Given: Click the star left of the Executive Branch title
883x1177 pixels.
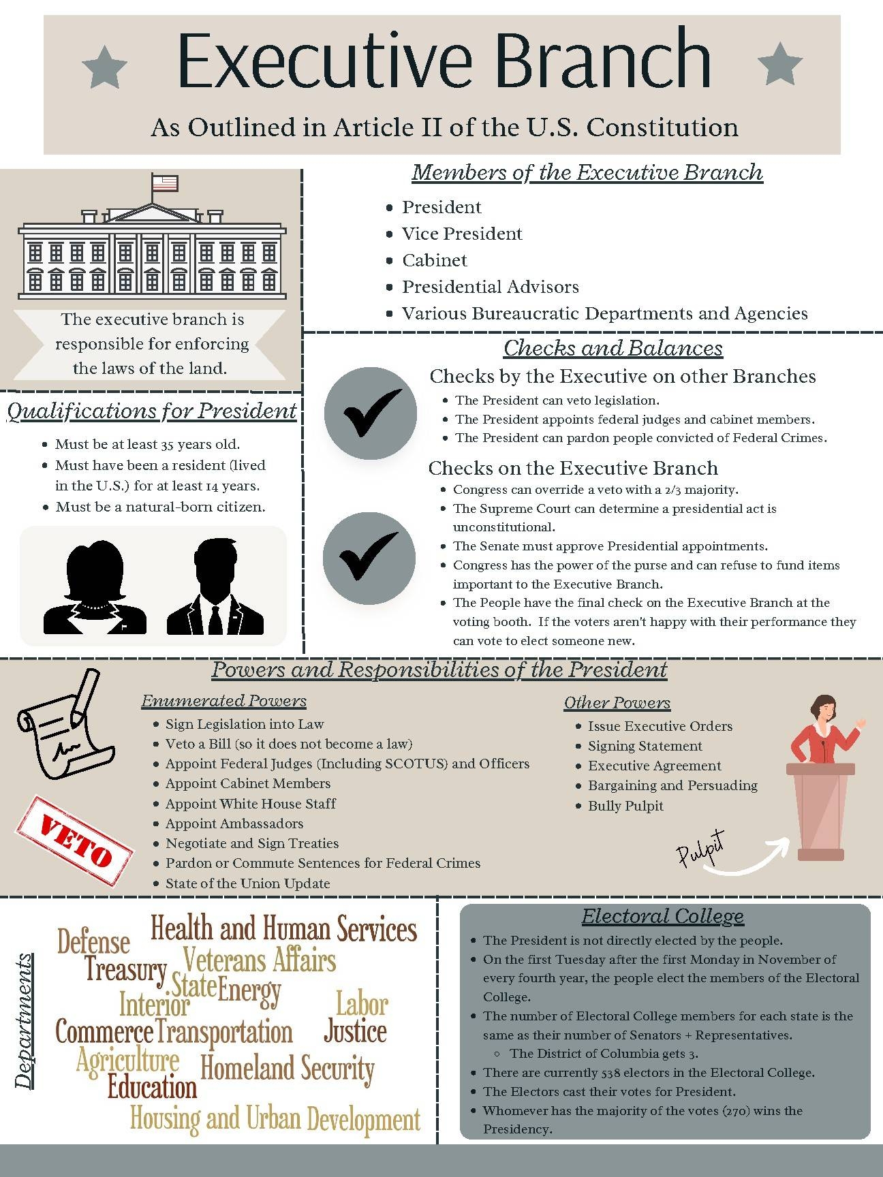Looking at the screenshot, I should [x=104, y=67].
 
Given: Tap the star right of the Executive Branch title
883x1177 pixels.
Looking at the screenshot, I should [x=779, y=64].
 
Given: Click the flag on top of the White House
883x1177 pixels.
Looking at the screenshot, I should [x=164, y=183].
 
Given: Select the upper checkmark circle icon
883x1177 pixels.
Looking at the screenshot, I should [x=371, y=413].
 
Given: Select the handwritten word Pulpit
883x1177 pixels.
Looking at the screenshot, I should [x=700, y=849].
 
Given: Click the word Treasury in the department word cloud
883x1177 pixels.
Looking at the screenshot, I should [x=126, y=969].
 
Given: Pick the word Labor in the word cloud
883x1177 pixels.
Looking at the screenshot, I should [x=362, y=1003].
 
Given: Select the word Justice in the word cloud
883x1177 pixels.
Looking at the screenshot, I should [x=355, y=1031].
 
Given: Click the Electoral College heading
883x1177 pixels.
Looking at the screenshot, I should [x=662, y=916].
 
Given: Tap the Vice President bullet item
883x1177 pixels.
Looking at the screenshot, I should [x=461, y=234].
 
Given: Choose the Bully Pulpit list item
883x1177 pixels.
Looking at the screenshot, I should [x=625, y=806].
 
